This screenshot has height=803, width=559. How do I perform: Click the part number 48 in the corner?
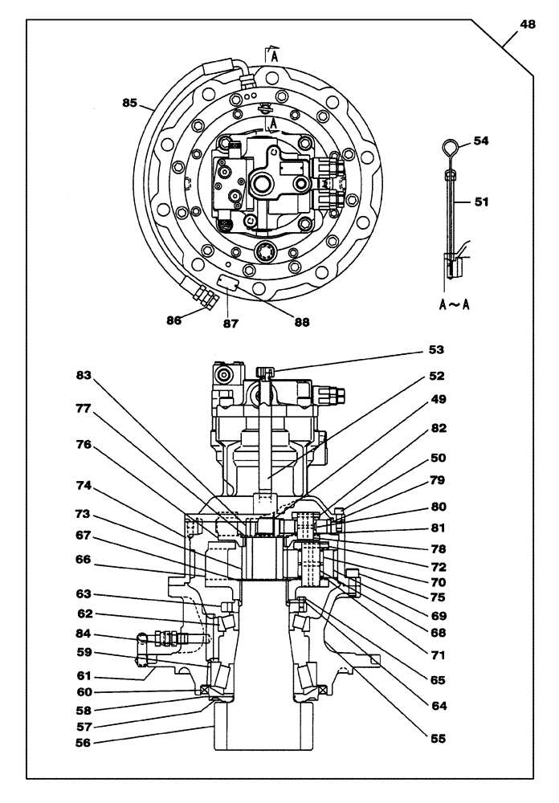(x=527, y=24)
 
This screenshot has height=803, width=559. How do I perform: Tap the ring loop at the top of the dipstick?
(x=452, y=148)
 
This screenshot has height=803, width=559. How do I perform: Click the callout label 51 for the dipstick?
(x=480, y=202)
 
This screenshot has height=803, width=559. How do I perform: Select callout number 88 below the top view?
(x=301, y=322)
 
